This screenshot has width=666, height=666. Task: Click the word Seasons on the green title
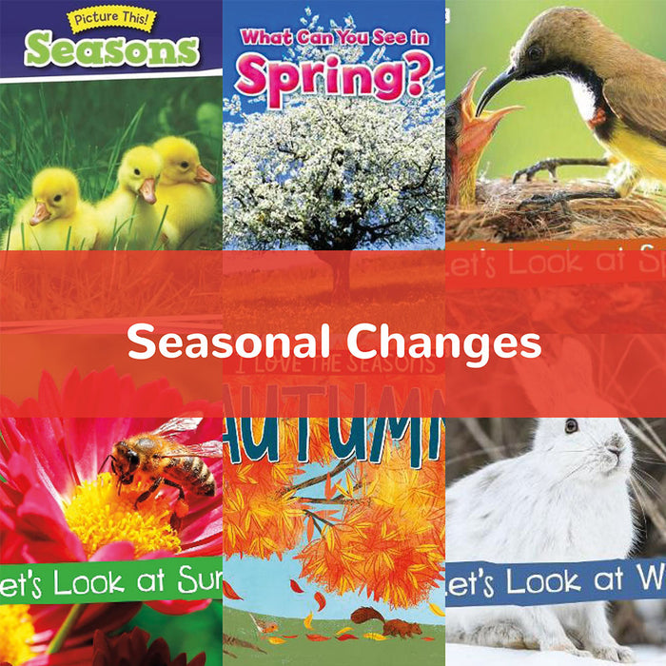[x=111, y=49]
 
